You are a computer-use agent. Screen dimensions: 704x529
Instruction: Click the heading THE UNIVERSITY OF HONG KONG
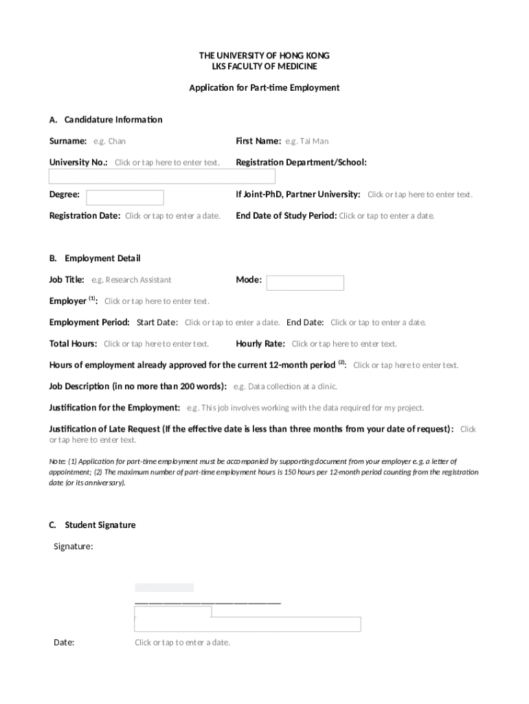[264, 55]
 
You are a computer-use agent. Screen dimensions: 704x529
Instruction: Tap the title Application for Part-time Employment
[264, 88]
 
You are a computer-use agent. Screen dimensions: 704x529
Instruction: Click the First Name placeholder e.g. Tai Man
[307, 142]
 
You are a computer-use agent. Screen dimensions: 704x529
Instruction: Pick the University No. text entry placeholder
[167, 163]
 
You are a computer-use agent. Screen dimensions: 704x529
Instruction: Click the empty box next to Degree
[125, 197]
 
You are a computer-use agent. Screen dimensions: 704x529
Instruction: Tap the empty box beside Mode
[305, 283]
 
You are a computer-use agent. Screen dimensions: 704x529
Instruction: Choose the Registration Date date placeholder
[172, 216]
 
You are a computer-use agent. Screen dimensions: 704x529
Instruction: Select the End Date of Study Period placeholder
[387, 216]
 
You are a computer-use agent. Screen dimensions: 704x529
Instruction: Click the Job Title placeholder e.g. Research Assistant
[131, 280]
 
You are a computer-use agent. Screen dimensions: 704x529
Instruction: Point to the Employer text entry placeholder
[157, 301]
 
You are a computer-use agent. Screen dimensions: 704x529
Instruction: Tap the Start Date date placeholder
[232, 322]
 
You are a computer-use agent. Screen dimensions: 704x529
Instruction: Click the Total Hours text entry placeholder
[156, 344]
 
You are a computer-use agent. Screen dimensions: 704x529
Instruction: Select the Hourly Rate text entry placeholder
[344, 344]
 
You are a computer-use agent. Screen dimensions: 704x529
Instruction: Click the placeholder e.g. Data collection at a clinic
[285, 386]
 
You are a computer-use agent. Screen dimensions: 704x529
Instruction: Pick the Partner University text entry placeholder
[420, 195]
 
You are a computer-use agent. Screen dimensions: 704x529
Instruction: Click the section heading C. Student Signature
[92, 525]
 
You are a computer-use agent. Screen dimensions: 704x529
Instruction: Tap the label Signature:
[74, 547]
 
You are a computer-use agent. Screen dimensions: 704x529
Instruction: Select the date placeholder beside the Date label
[182, 643]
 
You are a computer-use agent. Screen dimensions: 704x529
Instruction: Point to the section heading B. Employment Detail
[94, 258]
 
